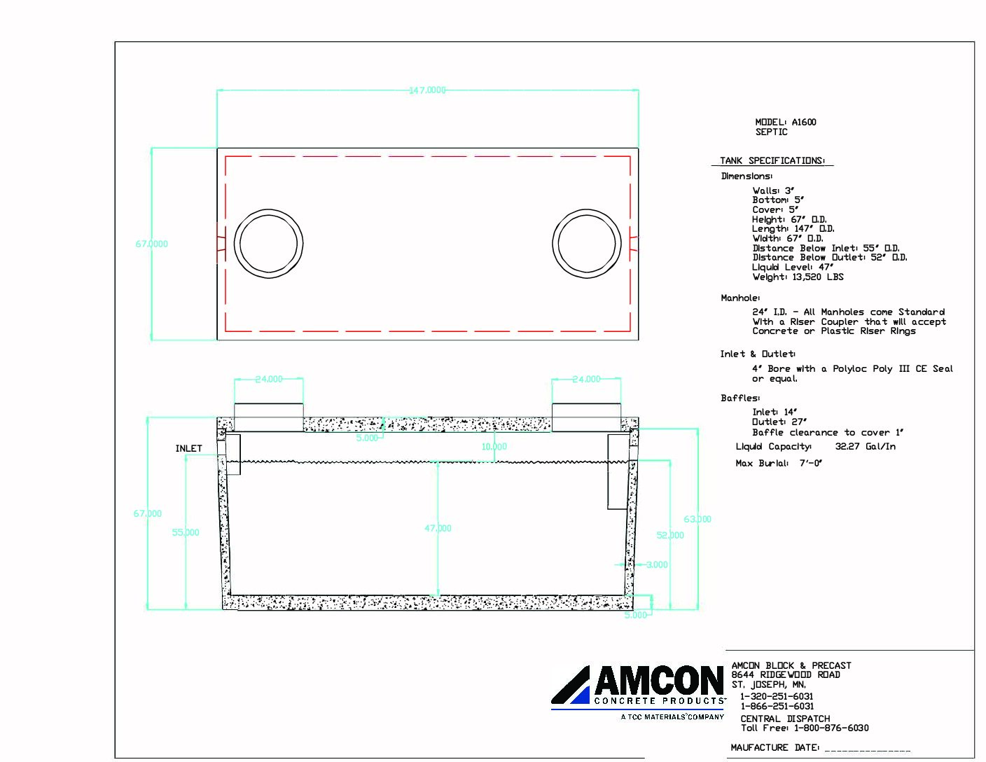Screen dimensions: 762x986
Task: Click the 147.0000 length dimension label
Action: click(x=427, y=90)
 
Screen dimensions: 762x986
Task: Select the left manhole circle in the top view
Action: click(x=268, y=244)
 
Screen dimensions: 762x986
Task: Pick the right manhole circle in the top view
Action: click(x=587, y=244)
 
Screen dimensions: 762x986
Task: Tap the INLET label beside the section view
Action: click(x=188, y=448)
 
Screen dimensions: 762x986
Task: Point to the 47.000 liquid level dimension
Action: click(x=438, y=528)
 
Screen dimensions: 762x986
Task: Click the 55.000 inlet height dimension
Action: click(x=186, y=532)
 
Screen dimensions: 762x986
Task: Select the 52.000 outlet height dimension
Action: click(x=670, y=535)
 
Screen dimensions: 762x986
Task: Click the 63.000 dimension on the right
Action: click(x=697, y=519)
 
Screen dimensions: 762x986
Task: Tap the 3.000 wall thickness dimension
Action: click(x=657, y=564)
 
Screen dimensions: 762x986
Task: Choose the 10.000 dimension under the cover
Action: click(x=494, y=446)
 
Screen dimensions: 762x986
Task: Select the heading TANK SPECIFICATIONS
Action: click(x=772, y=161)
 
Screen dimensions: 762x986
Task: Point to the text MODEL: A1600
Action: click(x=786, y=122)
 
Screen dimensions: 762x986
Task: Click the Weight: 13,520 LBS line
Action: click(x=798, y=277)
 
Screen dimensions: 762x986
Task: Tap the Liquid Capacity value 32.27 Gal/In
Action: click(x=865, y=446)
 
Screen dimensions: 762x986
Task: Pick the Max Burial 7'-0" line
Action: click(x=779, y=463)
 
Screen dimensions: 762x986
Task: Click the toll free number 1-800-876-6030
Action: click(x=831, y=728)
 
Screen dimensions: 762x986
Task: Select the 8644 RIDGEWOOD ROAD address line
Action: click(x=786, y=674)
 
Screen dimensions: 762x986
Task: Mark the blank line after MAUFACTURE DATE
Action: click(x=868, y=749)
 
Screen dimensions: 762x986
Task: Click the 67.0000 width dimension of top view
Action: click(x=152, y=244)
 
